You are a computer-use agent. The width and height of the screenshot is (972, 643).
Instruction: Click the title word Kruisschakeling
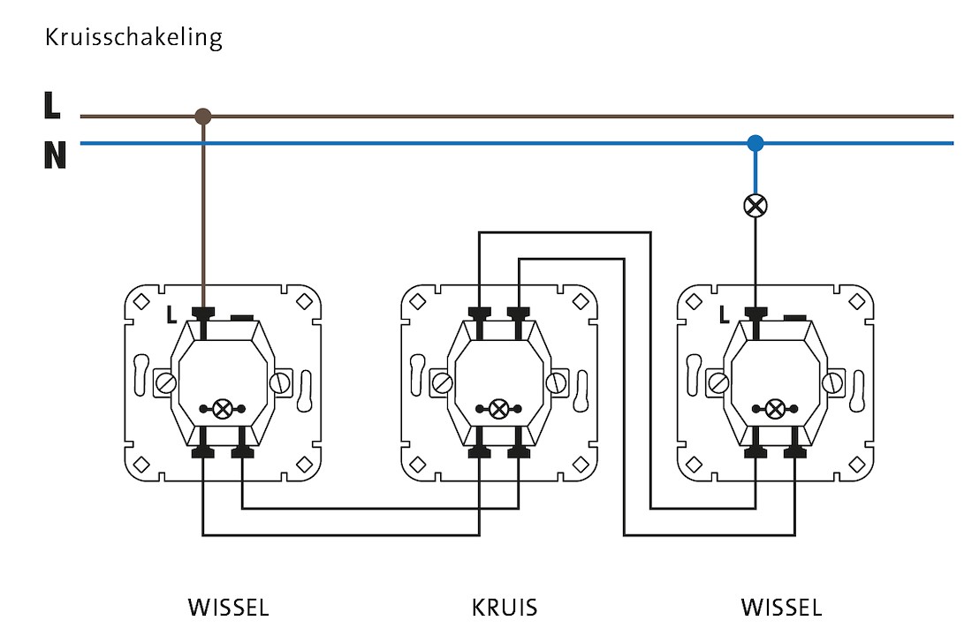(x=133, y=38)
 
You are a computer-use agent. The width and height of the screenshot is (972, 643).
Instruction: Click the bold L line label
(x=52, y=107)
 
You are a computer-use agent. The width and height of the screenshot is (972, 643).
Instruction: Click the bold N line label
(x=55, y=156)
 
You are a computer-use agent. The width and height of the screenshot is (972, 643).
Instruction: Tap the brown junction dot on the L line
(x=203, y=116)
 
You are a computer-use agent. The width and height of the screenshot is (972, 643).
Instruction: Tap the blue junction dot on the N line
(x=755, y=142)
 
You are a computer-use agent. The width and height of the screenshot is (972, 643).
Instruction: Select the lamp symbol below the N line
(x=755, y=206)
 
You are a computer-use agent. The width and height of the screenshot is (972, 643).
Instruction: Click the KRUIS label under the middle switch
(x=505, y=608)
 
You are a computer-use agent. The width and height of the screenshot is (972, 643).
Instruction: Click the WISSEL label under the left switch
(x=228, y=608)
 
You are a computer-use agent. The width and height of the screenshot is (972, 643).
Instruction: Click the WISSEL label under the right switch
(x=781, y=608)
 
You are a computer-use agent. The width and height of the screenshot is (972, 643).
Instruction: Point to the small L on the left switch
(x=172, y=313)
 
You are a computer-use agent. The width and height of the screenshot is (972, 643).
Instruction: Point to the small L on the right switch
(x=725, y=313)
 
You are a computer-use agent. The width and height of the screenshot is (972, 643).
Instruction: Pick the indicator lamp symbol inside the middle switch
(x=498, y=409)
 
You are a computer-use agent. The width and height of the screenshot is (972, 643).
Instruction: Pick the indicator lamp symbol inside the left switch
(x=223, y=409)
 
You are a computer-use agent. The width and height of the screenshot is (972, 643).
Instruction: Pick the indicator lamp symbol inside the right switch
(x=775, y=409)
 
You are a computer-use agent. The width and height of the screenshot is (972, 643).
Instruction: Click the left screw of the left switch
(x=165, y=383)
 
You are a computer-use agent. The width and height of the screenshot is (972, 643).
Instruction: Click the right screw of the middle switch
(x=556, y=383)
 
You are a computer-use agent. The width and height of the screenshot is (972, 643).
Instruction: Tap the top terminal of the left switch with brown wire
(x=203, y=313)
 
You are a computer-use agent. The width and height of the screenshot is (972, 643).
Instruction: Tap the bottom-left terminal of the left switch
(x=203, y=451)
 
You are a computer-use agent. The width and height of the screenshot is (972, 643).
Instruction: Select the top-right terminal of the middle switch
(x=518, y=313)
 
